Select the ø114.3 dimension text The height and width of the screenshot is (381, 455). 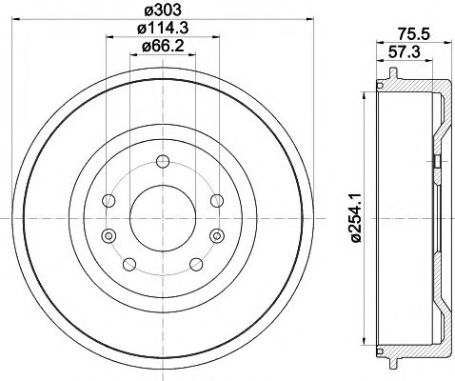163,30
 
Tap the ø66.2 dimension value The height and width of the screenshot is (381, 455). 163,49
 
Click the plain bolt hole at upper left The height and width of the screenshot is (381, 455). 108,200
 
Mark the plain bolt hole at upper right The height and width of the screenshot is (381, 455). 217,200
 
